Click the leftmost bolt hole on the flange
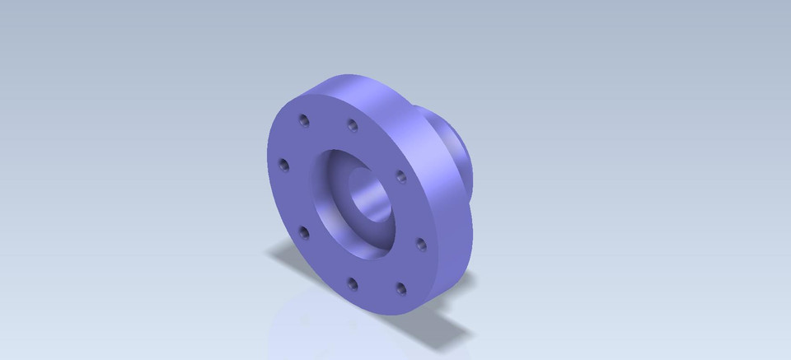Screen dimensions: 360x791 click(x=285, y=166)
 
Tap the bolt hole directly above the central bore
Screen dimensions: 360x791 click(x=353, y=126)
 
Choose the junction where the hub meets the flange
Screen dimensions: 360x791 click(x=420, y=111)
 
